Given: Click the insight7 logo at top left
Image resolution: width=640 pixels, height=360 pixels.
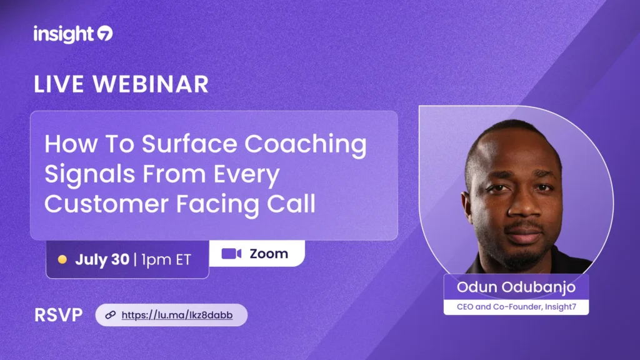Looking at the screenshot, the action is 73,34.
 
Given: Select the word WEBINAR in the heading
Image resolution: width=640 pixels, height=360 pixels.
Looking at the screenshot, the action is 151,84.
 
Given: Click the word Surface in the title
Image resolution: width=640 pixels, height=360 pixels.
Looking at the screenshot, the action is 189,144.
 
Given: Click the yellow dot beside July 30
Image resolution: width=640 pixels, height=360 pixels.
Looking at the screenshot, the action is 62,259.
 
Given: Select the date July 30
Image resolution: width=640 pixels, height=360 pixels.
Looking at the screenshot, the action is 102,259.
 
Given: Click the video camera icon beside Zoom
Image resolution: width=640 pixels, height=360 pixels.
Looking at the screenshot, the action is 231,254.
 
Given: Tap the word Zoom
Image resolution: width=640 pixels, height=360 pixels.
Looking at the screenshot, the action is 269,254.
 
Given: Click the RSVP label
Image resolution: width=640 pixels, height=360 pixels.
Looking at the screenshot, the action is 58,315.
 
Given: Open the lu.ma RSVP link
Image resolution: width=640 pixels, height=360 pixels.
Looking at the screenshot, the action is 177,315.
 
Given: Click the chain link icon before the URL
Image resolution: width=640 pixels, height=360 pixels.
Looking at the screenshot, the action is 110,315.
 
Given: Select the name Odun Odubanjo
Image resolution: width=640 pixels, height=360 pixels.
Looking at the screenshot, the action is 516,287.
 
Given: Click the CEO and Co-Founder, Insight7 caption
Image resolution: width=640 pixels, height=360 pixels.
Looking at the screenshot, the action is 516,306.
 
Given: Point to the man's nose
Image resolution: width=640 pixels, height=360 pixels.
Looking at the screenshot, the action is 524,208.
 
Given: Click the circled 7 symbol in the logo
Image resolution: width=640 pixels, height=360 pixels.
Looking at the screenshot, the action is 105,34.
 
